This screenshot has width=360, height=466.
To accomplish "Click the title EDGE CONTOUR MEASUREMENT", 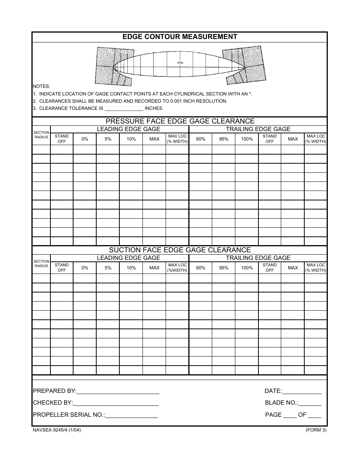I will coord(180,37).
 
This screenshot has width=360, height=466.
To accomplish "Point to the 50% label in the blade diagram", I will coord(180,63).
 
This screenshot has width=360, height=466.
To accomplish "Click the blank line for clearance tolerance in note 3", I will coord(124,109).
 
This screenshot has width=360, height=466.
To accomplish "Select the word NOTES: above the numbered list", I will coord(41,86).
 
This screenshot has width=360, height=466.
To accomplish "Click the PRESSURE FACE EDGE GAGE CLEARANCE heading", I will coord(180,121).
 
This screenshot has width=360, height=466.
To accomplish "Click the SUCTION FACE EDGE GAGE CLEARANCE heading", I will coord(180,250).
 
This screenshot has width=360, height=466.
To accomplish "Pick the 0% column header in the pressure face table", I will coord(85,139).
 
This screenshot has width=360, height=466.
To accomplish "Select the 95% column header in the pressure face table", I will coord(224,139).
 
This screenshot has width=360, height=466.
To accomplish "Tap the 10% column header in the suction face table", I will coord(131,268).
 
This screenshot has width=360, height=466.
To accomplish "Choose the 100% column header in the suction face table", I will coord(247,268).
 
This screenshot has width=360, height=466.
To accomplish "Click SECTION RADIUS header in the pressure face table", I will coord(41,135).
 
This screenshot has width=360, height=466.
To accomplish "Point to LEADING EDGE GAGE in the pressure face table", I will coord(128,129).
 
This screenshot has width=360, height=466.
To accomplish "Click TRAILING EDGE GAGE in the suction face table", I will coord(258,258).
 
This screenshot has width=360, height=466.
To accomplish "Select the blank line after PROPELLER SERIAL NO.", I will coord(131,416).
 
